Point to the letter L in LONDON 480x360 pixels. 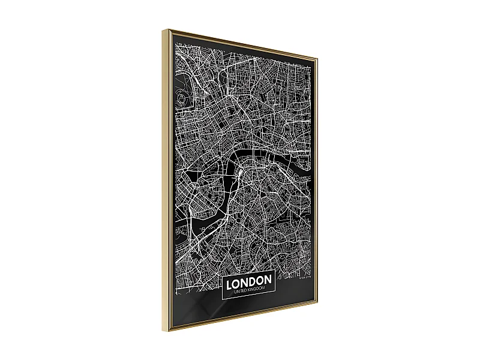(229, 281)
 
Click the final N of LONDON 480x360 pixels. (269, 281)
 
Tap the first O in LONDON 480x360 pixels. (236, 281)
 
